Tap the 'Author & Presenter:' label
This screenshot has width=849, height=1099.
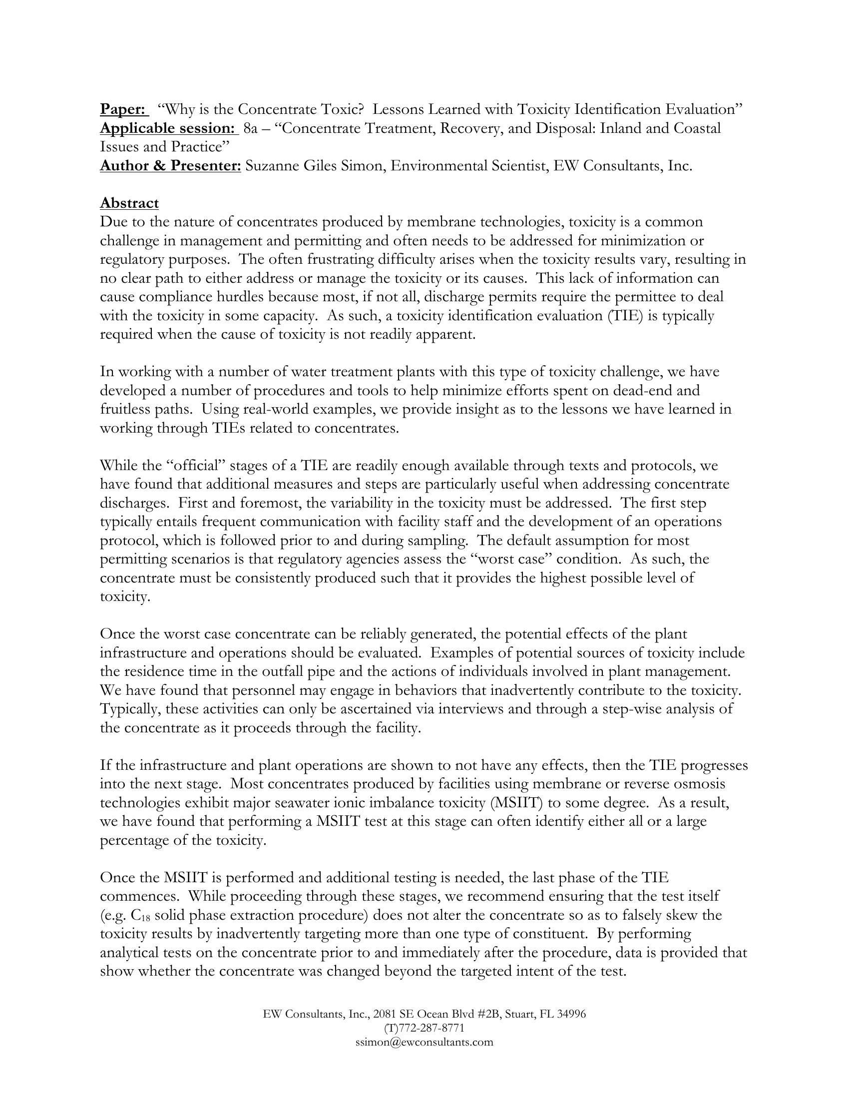coord(170,165)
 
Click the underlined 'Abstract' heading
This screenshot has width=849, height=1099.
coord(129,203)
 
